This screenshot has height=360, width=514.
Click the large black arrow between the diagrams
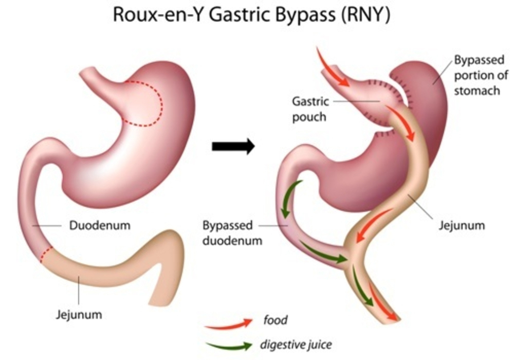click(233, 146)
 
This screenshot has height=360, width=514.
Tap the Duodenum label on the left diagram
click(100, 226)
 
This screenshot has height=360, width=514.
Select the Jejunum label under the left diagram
click(79, 314)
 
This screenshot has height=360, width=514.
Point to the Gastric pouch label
click(310, 109)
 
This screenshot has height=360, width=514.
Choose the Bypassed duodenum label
click(232, 233)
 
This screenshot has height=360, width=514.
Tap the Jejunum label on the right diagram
click(462, 226)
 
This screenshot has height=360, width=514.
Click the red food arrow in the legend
click(229, 323)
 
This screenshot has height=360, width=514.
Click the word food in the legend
click(276, 320)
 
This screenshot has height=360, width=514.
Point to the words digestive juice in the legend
click(296, 345)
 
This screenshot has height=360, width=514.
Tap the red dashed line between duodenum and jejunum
click(46, 255)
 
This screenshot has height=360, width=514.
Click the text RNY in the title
click(365, 15)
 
